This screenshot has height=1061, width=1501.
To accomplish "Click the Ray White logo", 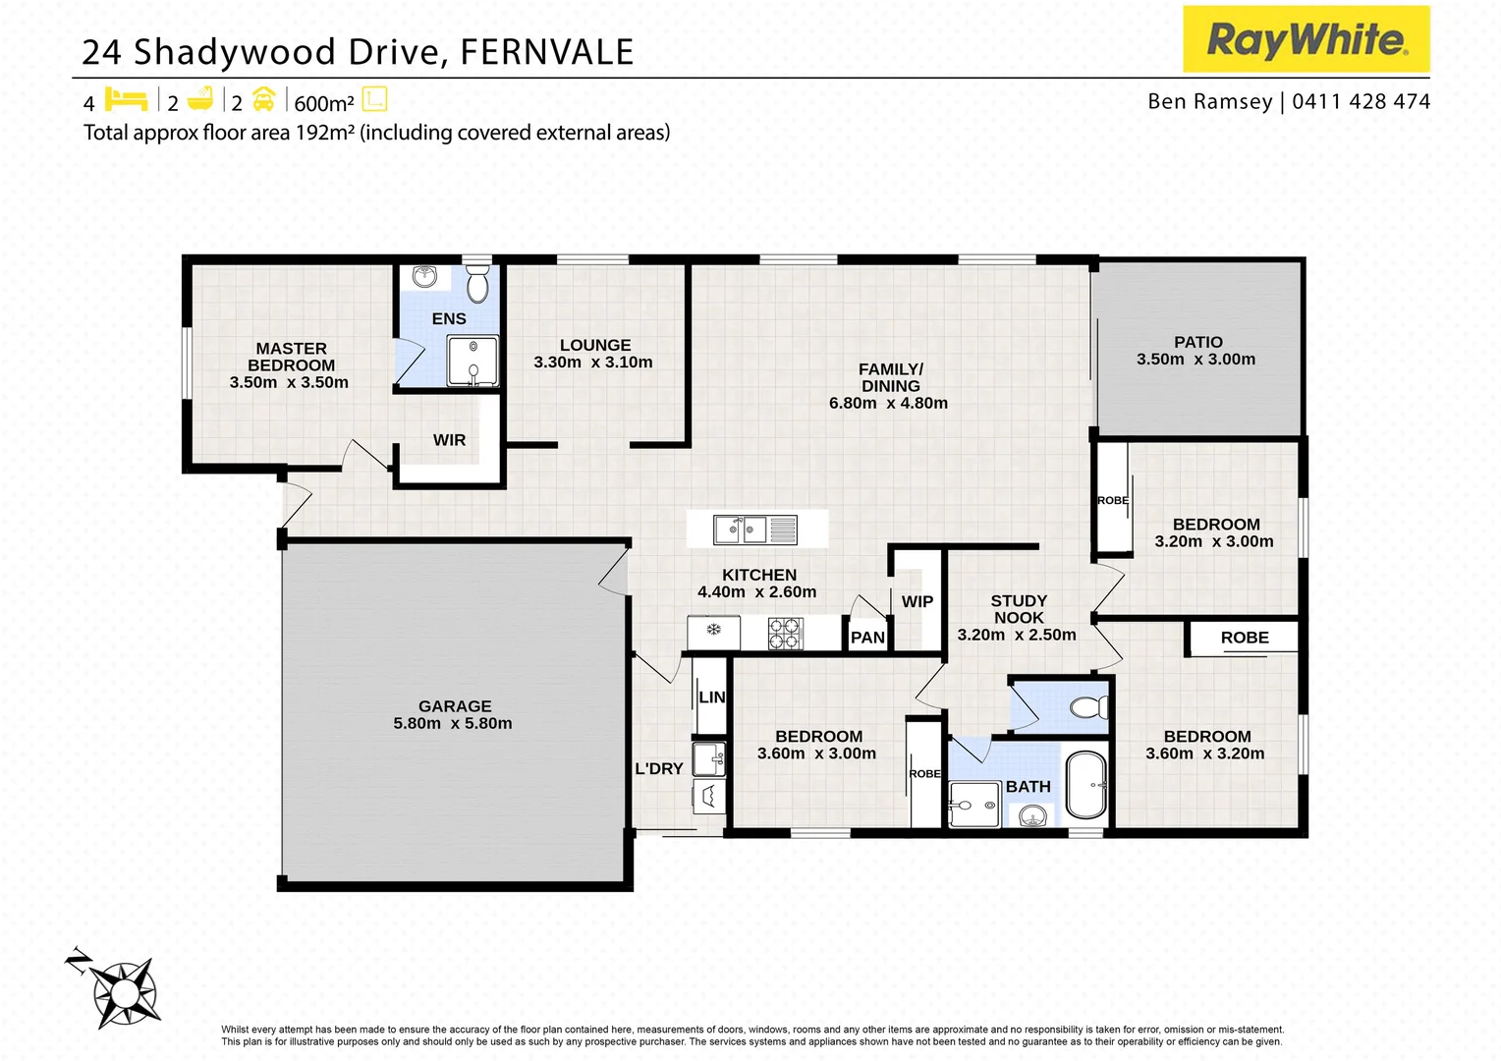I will (1306, 39).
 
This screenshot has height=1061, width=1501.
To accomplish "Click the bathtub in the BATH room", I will (1085, 785).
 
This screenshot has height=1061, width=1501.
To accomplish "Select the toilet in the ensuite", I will (477, 285).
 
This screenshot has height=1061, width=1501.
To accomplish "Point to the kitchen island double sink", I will (741, 530).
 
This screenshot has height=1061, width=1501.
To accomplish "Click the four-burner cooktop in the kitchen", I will (785, 634).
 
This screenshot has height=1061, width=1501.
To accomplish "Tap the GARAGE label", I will (454, 706).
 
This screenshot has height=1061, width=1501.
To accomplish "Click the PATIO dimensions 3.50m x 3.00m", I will (1195, 360).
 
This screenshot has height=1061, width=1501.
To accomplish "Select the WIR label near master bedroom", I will (449, 440).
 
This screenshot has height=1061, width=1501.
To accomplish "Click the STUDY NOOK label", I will (1019, 609).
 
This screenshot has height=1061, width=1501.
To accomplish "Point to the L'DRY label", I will (658, 769).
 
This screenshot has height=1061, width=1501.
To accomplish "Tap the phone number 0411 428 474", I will (1361, 101).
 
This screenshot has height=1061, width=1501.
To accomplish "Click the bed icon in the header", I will (126, 100).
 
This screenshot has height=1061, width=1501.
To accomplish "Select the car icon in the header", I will (263, 100).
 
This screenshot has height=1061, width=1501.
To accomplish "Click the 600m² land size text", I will (323, 103).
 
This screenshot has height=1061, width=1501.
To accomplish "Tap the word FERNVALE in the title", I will (546, 52).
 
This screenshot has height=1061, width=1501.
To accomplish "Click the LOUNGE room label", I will (595, 346).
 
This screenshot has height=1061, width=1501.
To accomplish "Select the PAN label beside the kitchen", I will (867, 638).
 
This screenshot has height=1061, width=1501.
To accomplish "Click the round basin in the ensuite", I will (424, 277).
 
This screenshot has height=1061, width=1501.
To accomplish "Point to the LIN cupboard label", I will (711, 698).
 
